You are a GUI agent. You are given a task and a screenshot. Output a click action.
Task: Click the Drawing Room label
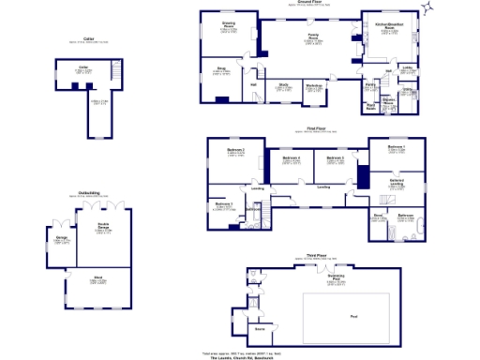pyautogui.click(x=228, y=26)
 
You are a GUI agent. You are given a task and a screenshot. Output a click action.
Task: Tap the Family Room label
pyautogui.click(x=310, y=38)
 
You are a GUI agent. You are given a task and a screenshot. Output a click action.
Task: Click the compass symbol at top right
pyautogui.click(x=427, y=8)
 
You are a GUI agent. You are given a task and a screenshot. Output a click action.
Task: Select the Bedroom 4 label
pyautogui.click(x=291, y=158)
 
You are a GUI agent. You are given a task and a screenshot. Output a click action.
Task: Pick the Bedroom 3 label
pyautogui.click(x=336, y=158)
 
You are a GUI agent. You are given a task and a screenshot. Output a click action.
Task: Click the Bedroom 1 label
pyautogui.click(x=397, y=147)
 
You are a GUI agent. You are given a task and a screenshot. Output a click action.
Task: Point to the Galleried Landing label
pyautogui.click(x=397, y=182)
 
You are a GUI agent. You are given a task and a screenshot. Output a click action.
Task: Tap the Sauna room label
pyautogui.click(x=259, y=328)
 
